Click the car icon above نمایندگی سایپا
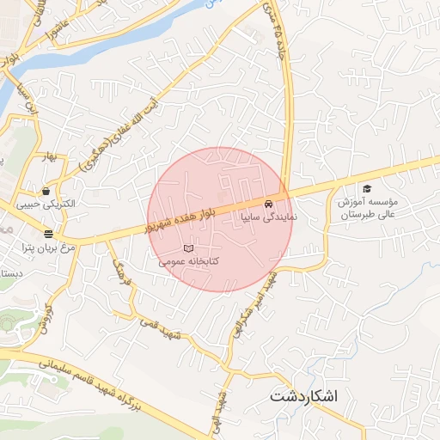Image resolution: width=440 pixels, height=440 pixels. [x=270, y=205]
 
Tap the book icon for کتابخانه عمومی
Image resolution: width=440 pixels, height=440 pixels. [x=202, y=248]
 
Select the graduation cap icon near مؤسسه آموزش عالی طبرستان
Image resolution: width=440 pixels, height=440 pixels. [x=367, y=188]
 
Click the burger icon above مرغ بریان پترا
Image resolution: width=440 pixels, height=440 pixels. [x=48, y=234]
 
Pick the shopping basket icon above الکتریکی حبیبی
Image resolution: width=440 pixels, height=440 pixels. [x=45, y=191]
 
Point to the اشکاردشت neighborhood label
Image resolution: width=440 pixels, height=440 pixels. [x=304, y=397]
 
